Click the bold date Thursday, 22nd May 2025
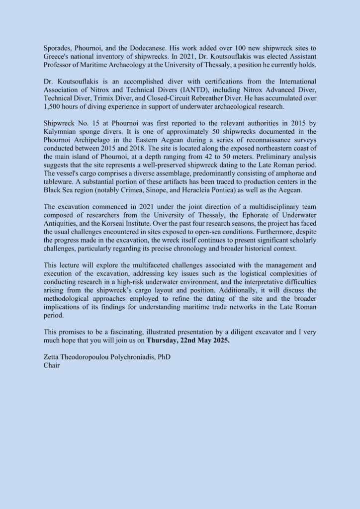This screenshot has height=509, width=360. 188,341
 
